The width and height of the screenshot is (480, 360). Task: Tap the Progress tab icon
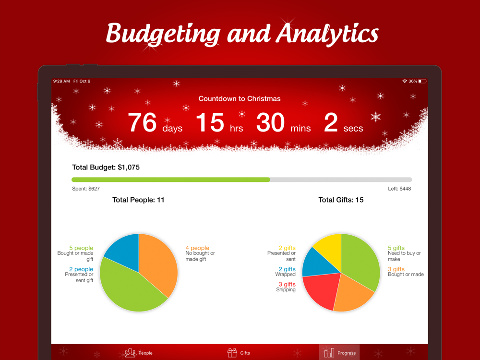[329, 353]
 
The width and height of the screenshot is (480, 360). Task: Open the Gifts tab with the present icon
[232, 353]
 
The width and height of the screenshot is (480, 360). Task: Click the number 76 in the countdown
[143, 122]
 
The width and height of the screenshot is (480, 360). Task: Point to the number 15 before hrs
[210, 122]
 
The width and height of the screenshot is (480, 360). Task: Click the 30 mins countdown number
[271, 122]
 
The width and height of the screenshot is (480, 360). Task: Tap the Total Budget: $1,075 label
[106, 168]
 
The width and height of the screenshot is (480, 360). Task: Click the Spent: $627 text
[86, 189]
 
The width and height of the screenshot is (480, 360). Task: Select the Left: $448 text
[399, 189]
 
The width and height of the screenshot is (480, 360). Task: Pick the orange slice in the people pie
[158, 262]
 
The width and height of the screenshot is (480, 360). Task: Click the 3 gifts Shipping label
[287, 287]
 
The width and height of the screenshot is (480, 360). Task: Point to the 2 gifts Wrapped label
[287, 272]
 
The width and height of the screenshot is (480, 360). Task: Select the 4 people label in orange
[197, 248]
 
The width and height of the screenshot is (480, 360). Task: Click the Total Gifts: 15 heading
[341, 200]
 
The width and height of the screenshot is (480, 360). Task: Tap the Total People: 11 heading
[138, 200]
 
